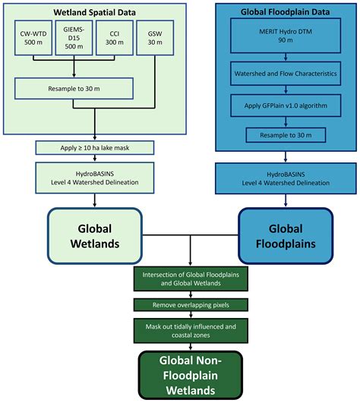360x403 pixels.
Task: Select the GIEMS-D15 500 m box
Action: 73,44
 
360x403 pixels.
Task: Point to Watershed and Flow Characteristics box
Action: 285,74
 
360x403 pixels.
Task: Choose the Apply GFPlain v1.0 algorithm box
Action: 285,105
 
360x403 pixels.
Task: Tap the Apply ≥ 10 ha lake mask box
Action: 94,147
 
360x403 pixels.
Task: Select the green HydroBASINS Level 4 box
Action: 94,178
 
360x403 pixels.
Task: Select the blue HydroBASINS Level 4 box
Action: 285,178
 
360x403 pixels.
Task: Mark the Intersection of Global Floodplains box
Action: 189,279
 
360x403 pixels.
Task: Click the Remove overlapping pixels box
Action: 189,305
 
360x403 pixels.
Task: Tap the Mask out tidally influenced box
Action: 189,329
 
